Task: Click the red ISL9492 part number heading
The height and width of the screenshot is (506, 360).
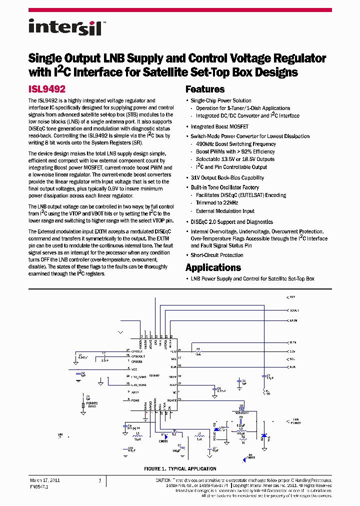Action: (x=47, y=89)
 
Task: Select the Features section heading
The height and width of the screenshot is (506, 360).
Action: (x=205, y=89)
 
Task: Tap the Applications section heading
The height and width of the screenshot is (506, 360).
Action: (x=213, y=267)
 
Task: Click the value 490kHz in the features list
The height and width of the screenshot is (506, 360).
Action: (x=205, y=144)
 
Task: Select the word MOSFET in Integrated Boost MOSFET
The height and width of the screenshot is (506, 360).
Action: (x=237, y=127)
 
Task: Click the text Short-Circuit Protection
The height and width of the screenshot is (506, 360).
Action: (x=217, y=255)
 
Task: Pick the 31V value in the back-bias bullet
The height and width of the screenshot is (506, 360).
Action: (x=195, y=178)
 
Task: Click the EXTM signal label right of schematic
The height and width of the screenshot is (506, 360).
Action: (x=293, y=320)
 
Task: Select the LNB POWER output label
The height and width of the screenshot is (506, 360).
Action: (x=296, y=421)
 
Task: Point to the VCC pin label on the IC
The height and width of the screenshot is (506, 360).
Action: (x=134, y=369)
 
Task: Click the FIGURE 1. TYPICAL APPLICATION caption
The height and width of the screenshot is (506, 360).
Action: (x=180, y=469)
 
